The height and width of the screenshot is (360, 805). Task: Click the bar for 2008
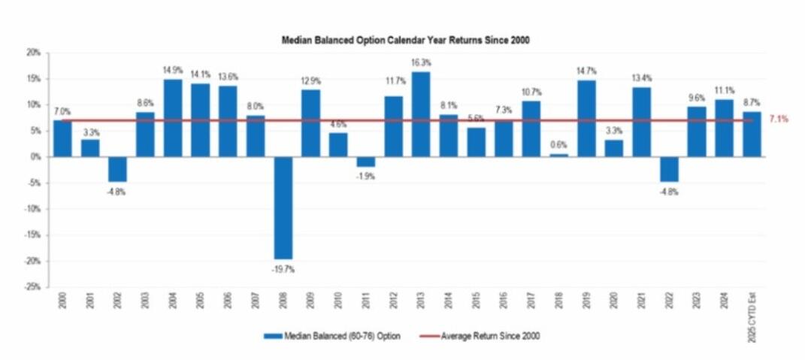tap(283, 207)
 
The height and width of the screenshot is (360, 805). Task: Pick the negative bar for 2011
tap(366, 162)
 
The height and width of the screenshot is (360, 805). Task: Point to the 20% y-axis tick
tap(33, 53)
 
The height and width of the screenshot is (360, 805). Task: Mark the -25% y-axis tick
tap(32, 287)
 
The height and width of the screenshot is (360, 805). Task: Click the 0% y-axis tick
tap(35, 157)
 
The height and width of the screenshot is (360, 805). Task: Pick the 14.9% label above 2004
tap(173, 71)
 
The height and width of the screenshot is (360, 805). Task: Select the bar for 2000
tap(62, 138)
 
